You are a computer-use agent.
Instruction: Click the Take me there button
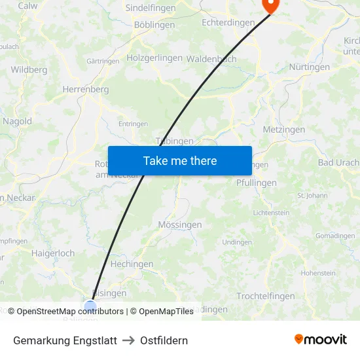pos(180,160)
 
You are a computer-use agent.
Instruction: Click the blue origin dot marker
pos(90,305)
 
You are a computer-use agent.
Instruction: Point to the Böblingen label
pos(154,25)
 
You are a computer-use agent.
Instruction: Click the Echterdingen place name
pos(228,22)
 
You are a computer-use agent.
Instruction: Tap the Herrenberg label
pos(85,89)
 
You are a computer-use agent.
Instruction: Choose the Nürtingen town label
pos(309,67)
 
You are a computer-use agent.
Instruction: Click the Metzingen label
pos(283,130)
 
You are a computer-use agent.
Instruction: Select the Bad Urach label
pos(338,162)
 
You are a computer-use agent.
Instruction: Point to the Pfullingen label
pos(257,183)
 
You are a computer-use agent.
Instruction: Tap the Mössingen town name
pos(180,225)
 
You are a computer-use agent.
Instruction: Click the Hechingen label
pos(132,264)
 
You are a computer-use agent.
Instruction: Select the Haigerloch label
pos(53,253)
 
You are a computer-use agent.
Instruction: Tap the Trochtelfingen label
pos(266,296)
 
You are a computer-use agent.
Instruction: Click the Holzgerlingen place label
pos(154,58)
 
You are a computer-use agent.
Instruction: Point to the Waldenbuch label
pos(211,58)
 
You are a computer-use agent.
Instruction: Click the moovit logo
pos(321,340)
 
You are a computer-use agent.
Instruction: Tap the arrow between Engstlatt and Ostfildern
pos(128,340)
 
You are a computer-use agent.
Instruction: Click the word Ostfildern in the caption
pos(164,340)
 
